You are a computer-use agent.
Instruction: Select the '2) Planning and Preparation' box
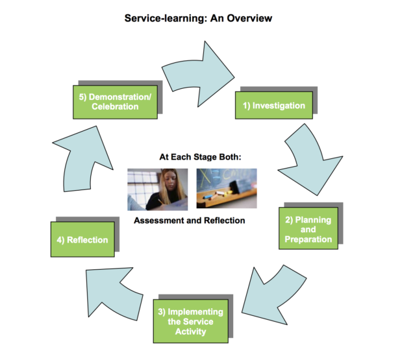click(308, 230)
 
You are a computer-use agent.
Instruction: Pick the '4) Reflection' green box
click(82, 240)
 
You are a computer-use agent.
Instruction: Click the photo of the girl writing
click(157, 189)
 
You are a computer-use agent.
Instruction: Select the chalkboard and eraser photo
click(226, 188)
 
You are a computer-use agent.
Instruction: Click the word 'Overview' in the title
click(246, 18)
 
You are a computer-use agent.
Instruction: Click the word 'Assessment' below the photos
click(161, 221)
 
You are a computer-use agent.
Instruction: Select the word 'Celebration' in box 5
click(114, 107)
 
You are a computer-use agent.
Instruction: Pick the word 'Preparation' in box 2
click(308, 239)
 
